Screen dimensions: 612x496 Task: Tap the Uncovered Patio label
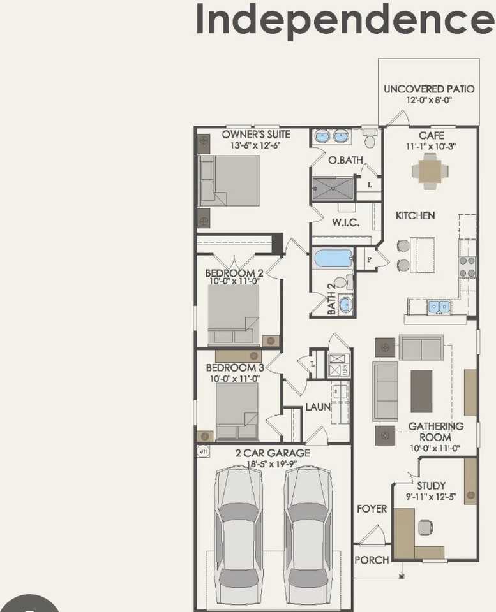(429, 89)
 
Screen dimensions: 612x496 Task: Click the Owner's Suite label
(255, 135)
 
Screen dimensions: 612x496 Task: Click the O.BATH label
(345, 160)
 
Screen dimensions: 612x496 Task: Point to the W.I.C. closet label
(345, 222)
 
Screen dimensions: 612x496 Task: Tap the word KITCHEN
(415, 215)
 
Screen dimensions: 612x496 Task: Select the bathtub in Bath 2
(333, 258)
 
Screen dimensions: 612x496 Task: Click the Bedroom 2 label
(234, 273)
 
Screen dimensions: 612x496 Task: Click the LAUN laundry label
(317, 406)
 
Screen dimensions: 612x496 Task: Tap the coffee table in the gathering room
(421, 391)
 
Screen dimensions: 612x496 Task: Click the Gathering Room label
(435, 432)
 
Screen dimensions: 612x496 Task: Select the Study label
(431, 486)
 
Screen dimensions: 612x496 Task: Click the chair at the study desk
(425, 527)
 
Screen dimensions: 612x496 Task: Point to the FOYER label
(372, 509)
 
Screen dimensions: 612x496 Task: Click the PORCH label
(372, 560)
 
